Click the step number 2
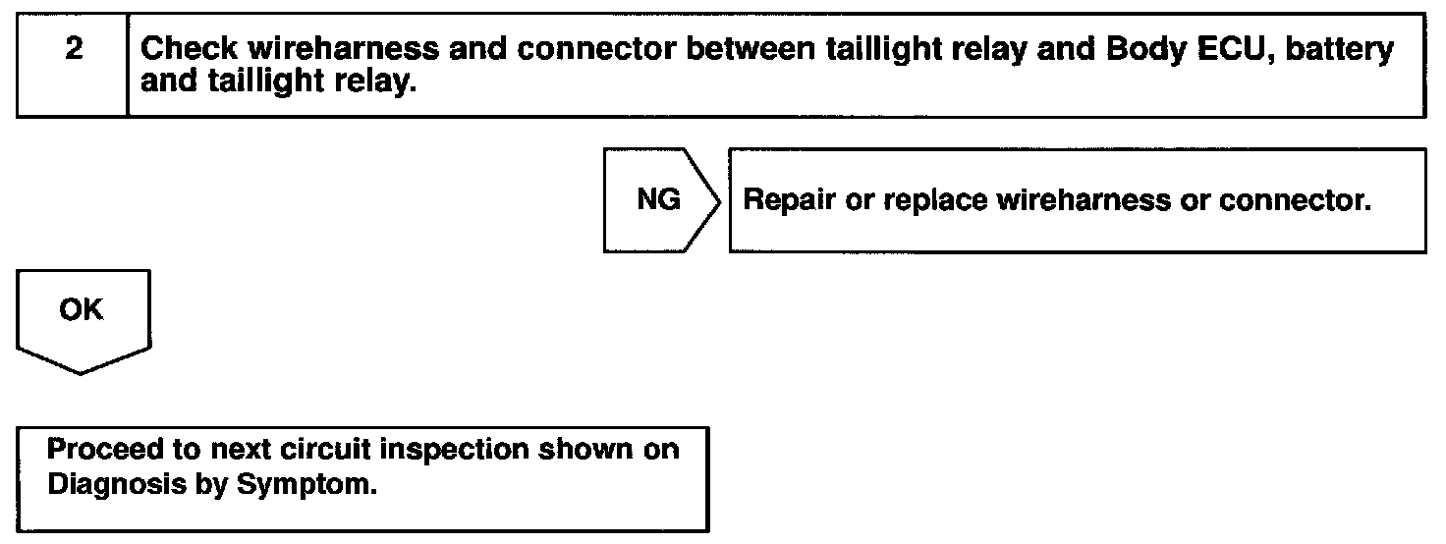tap(74, 50)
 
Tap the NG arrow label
tap(658, 200)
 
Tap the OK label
tap(81, 309)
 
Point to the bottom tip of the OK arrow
tap(83, 372)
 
